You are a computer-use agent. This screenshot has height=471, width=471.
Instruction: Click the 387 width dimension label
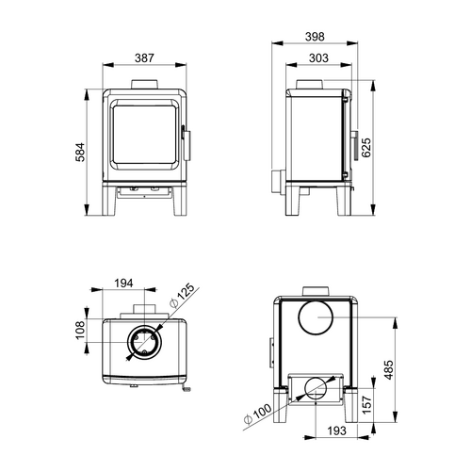(144, 58)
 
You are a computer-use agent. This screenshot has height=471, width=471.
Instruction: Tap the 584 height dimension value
(80, 153)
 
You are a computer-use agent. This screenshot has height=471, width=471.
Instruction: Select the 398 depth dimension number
(315, 37)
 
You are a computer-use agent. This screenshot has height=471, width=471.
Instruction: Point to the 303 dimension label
(318, 58)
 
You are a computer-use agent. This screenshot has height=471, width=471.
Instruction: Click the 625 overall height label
(366, 147)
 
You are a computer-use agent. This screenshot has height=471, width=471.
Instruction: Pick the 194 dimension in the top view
(123, 283)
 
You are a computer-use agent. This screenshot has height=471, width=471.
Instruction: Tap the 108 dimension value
(80, 330)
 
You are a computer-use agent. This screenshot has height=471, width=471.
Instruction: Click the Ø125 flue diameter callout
(182, 296)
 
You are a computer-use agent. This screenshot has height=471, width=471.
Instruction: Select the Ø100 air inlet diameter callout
(257, 414)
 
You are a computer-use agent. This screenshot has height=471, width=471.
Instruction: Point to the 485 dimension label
(388, 370)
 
